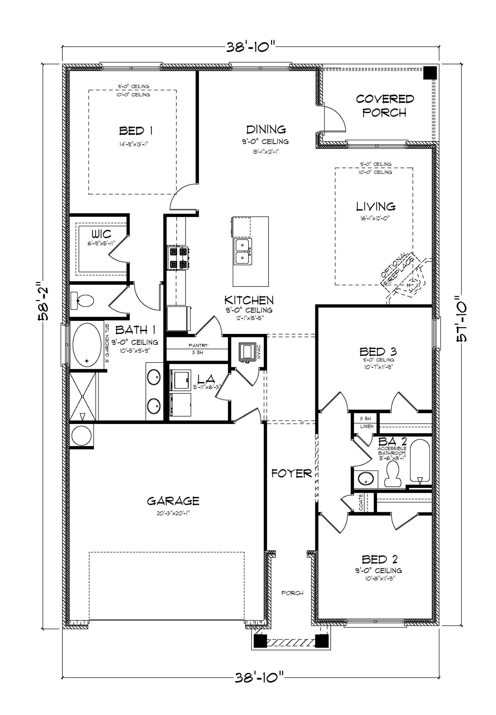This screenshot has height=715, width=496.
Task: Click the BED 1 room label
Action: coord(136,131)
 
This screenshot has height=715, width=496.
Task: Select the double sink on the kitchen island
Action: coord(243,251)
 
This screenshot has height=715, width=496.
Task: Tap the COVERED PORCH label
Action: coord(385,106)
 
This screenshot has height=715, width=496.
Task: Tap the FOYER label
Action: coord(291,474)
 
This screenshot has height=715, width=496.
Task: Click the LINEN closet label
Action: coord(367,426)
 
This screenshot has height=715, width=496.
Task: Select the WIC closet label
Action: coord(101,234)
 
